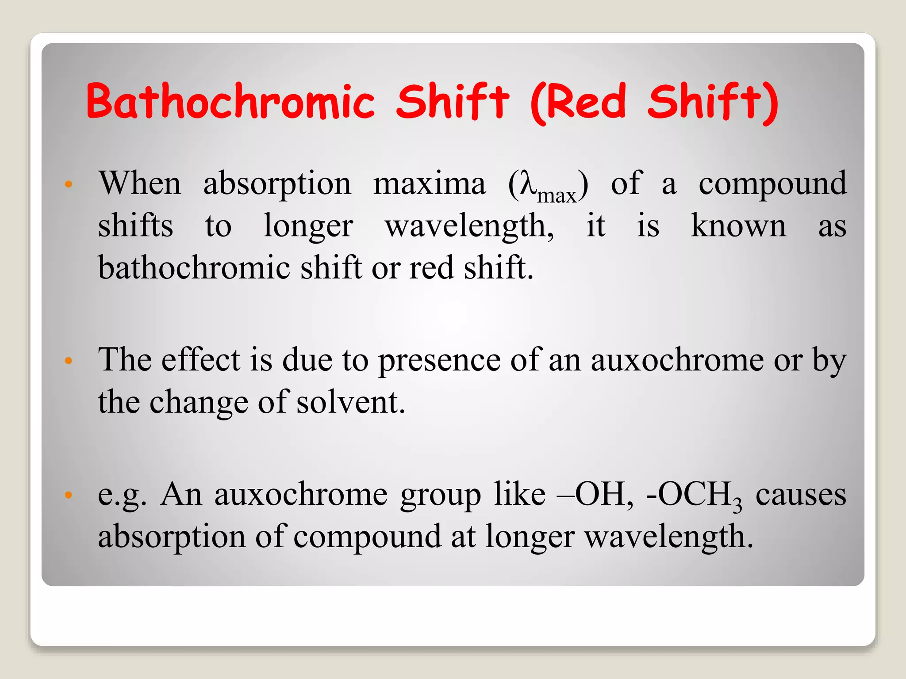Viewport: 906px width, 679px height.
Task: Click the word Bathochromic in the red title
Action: click(x=230, y=103)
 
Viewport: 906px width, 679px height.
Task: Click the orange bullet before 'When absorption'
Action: click(x=68, y=184)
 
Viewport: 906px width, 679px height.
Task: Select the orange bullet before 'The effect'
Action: click(x=68, y=361)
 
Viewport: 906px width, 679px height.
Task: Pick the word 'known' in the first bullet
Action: click(x=738, y=226)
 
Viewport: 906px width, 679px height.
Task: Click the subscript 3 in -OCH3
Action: click(x=737, y=507)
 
